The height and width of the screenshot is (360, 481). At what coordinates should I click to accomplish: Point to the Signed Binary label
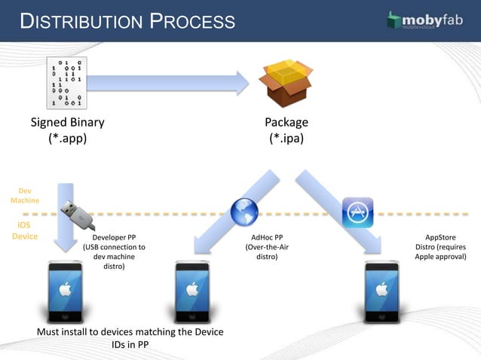click(67, 123)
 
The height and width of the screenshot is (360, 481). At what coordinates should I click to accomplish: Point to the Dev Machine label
click(25, 195)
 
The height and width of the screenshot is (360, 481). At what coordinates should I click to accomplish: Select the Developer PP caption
click(114, 252)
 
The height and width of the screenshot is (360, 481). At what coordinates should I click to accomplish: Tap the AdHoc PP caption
click(267, 246)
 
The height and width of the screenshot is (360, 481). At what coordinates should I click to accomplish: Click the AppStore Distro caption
click(440, 246)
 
